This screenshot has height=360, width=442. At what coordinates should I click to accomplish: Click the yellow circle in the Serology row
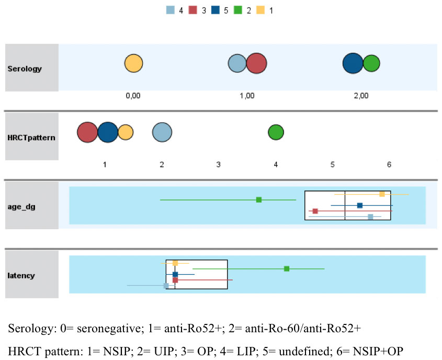[x=133, y=64]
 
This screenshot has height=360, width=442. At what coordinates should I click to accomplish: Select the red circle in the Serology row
[x=256, y=64]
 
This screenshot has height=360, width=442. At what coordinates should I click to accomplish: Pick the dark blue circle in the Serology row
[x=353, y=63]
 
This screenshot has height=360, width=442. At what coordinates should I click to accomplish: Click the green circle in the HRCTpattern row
[x=276, y=132]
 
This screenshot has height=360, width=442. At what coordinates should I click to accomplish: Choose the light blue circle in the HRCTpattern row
[x=162, y=132]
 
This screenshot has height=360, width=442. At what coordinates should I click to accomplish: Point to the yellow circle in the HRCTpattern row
[x=126, y=132]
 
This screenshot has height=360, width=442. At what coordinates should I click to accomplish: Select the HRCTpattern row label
[x=32, y=137]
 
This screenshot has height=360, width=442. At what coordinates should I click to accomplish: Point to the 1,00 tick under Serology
[x=247, y=96]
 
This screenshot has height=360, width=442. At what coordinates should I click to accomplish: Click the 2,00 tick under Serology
[x=361, y=96]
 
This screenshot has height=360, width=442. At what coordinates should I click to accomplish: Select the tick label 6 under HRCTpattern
[x=389, y=164]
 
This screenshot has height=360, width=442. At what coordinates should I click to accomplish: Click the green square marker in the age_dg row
[x=259, y=199]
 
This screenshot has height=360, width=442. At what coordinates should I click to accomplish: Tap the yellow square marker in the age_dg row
[x=382, y=194]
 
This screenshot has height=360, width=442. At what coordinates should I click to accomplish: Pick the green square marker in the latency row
[x=287, y=268]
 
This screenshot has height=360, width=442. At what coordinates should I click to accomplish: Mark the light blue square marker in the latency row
[x=166, y=286]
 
